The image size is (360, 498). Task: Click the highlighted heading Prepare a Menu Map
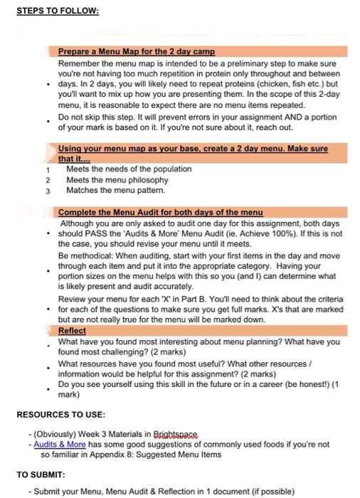pos(136,52)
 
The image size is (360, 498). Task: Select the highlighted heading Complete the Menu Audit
pos(160,212)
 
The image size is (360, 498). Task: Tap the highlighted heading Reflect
pos(72,331)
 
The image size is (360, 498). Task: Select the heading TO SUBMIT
pos(41,474)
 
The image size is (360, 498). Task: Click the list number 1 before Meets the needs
pos(47,169)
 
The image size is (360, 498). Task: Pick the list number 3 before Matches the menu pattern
pos(47,191)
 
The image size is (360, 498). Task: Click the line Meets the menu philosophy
pos(117,180)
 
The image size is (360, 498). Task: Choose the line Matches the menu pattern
pos(115,191)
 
